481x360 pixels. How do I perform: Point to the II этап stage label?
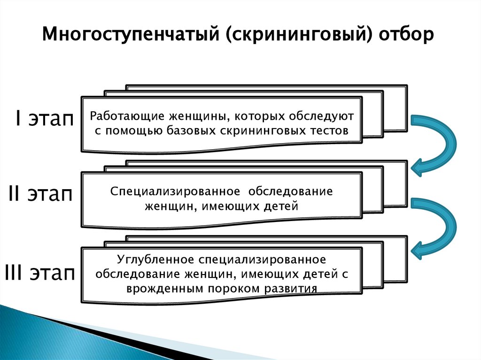pos(40,195)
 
